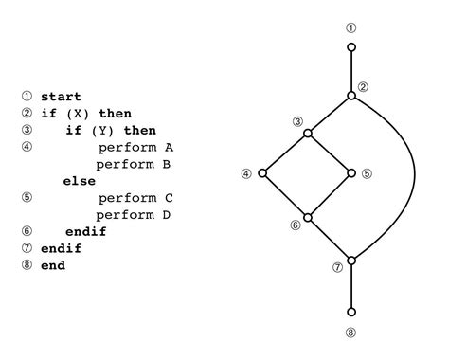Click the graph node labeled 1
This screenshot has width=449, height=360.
(x=351, y=45)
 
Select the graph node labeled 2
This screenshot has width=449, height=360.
(x=351, y=95)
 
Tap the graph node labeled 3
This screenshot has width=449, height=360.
(x=308, y=134)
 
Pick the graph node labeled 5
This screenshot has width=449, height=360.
(x=351, y=174)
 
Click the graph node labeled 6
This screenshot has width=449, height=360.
(x=308, y=216)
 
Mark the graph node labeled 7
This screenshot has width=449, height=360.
(x=351, y=260)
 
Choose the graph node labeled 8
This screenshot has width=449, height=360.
(x=351, y=311)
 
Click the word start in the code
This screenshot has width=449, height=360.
(x=61, y=97)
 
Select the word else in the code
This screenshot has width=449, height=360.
(x=79, y=180)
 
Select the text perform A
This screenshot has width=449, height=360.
(x=135, y=147)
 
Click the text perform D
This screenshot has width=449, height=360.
(x=135, y=214)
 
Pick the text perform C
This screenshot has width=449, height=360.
(x=135, y=198)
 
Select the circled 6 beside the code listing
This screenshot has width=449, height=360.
(x=27, y=231)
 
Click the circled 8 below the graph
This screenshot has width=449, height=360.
(x=351, y=333)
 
